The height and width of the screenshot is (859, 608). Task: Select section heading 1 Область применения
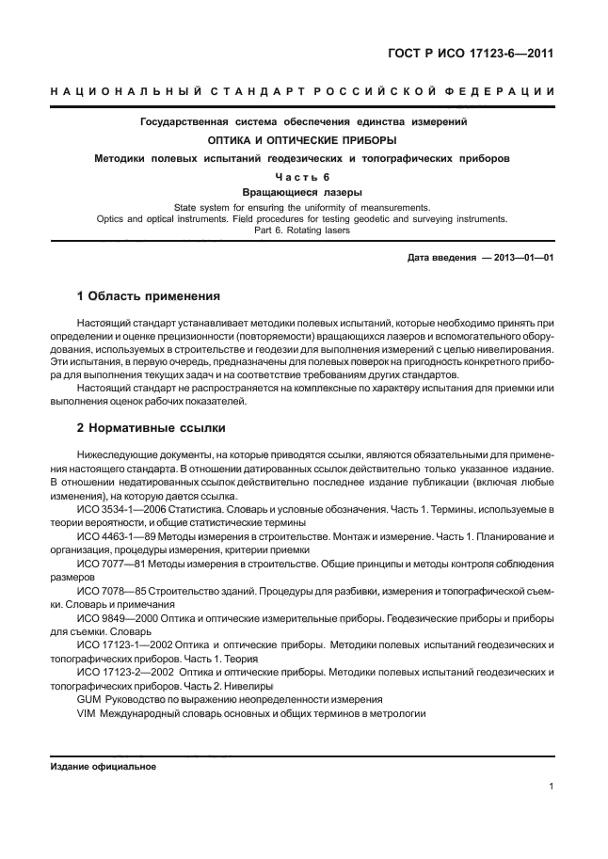coord(148,296)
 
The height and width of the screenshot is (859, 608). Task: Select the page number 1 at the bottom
coord(550,788)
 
